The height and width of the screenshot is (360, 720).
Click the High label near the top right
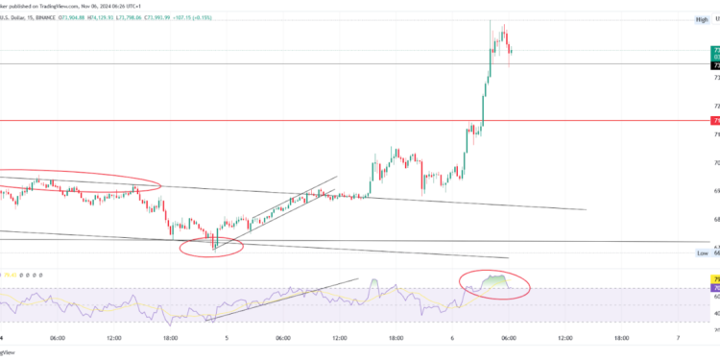tap(702, 19)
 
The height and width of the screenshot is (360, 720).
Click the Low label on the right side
tap(703, 252)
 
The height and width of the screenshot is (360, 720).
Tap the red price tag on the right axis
tap(715, 121)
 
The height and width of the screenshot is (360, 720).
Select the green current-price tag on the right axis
tap(715, 51)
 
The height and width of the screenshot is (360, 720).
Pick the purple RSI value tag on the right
tap(715, 288)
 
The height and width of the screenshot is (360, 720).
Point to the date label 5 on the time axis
tap(227, 338)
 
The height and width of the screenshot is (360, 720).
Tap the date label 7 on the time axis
tap(678, 338)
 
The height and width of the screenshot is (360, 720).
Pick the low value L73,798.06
tap(195, 16)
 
